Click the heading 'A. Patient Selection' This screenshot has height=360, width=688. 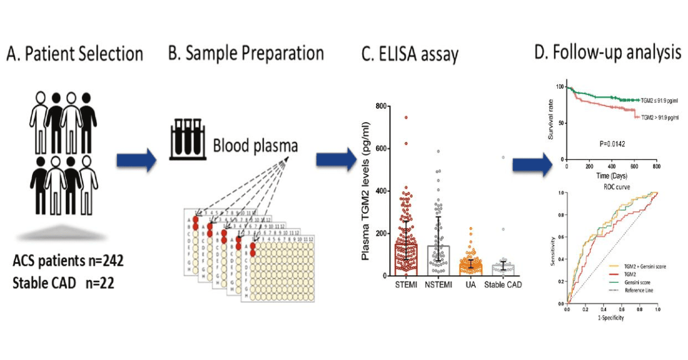coord(75,54)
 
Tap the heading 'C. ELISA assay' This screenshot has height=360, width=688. coord(410,54)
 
